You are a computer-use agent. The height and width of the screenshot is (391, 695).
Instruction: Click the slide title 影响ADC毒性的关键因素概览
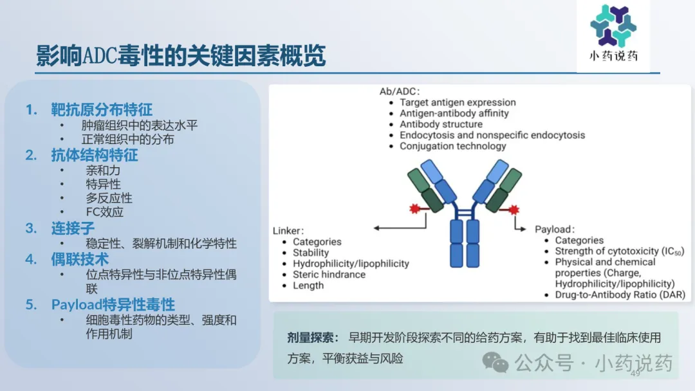tap(181, 56)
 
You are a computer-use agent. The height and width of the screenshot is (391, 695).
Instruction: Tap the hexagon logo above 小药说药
tap(613, 26)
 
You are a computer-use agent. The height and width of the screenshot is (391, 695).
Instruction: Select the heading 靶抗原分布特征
tap(102, 109)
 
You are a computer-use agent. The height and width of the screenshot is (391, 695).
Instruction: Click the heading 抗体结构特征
tap(95, 155)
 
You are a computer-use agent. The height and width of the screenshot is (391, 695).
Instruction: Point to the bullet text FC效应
tap(105, 212)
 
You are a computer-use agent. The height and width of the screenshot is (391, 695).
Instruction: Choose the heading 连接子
tap(73, 228)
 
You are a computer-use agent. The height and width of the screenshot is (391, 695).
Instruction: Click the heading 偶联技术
tap(80, 259)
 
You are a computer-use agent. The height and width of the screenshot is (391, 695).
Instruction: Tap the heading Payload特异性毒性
tap(113, 305)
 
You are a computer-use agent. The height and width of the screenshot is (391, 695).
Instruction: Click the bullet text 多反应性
tap(109, 198)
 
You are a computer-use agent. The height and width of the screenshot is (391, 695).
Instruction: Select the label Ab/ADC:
tap(400, 91)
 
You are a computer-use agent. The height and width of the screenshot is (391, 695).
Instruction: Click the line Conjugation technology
tap(452, 146)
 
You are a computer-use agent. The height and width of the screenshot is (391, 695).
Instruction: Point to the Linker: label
tap(288, 231)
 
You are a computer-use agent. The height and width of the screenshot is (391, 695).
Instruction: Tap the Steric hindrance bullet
tap(329, 275)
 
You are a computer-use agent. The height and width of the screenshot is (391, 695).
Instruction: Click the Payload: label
tap(555, 230)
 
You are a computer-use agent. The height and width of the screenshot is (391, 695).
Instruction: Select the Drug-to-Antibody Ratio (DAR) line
tap(620, 295)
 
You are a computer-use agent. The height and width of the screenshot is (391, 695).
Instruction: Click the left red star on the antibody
tap(414, 208)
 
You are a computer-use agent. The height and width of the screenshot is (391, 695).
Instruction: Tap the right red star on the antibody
tap(514, 210)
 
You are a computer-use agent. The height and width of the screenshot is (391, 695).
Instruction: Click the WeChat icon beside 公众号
tap(495, 363)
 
